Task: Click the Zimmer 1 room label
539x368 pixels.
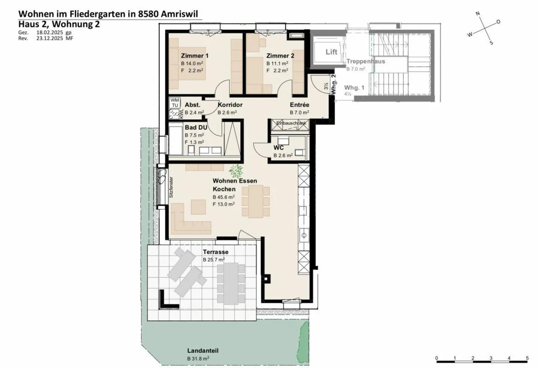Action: (195, 56)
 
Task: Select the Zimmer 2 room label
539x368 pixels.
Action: (280, 56)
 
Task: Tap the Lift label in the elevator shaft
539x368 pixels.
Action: (331, 52)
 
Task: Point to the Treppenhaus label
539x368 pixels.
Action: (365, 61)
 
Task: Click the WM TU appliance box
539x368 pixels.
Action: (175, 103)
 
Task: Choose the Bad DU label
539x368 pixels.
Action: (196, 127)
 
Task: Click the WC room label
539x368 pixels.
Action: (278, 148)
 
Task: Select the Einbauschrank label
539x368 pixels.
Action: (291, 123)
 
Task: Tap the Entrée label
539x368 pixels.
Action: (299, 105)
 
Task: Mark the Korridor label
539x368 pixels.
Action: (230, 105)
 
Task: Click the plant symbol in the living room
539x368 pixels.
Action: (236, 171)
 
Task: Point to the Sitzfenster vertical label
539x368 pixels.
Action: (171, 187)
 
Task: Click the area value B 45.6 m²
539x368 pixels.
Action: (223, 197)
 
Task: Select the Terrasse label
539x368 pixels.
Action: (216, 252)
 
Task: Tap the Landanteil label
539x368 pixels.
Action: (202, 351)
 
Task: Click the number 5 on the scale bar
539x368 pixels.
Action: (527, 358)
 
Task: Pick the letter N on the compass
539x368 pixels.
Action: (478, 14)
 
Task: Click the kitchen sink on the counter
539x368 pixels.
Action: (304, 235)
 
